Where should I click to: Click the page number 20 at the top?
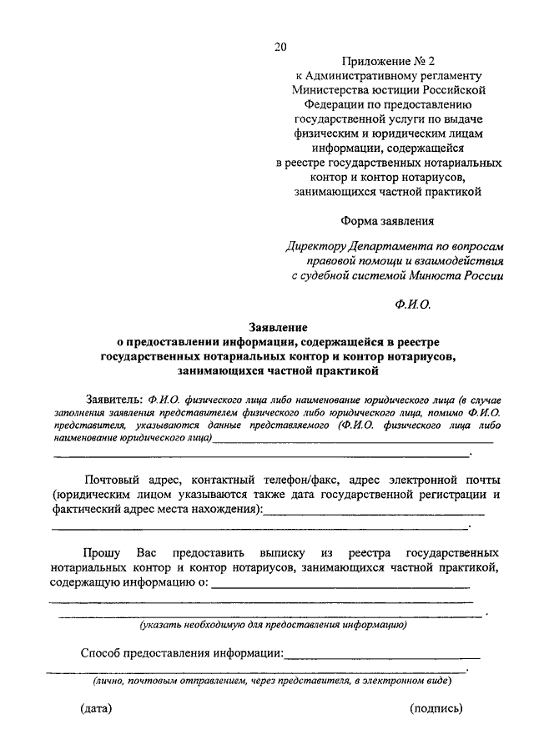tap(280, 48)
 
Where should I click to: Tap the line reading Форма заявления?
tap(387, 221)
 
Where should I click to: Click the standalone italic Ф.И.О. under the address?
tap(413, 305)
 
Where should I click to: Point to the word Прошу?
tap(101, 553)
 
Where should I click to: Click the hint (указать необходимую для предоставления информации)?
tap(273, 624)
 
